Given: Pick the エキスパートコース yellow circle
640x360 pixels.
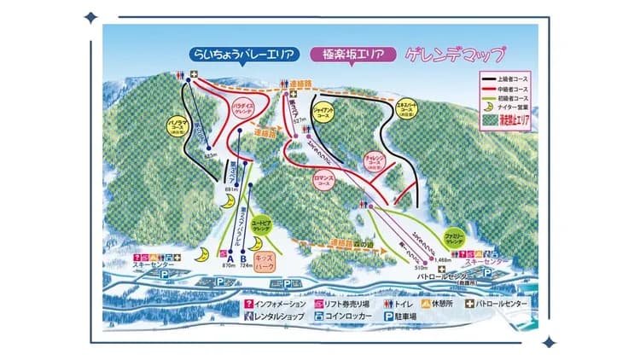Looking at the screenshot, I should click(406, 111).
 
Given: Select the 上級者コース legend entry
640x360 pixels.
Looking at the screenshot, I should click(513, 78).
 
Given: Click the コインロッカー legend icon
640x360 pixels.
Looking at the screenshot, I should click(318, 316).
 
